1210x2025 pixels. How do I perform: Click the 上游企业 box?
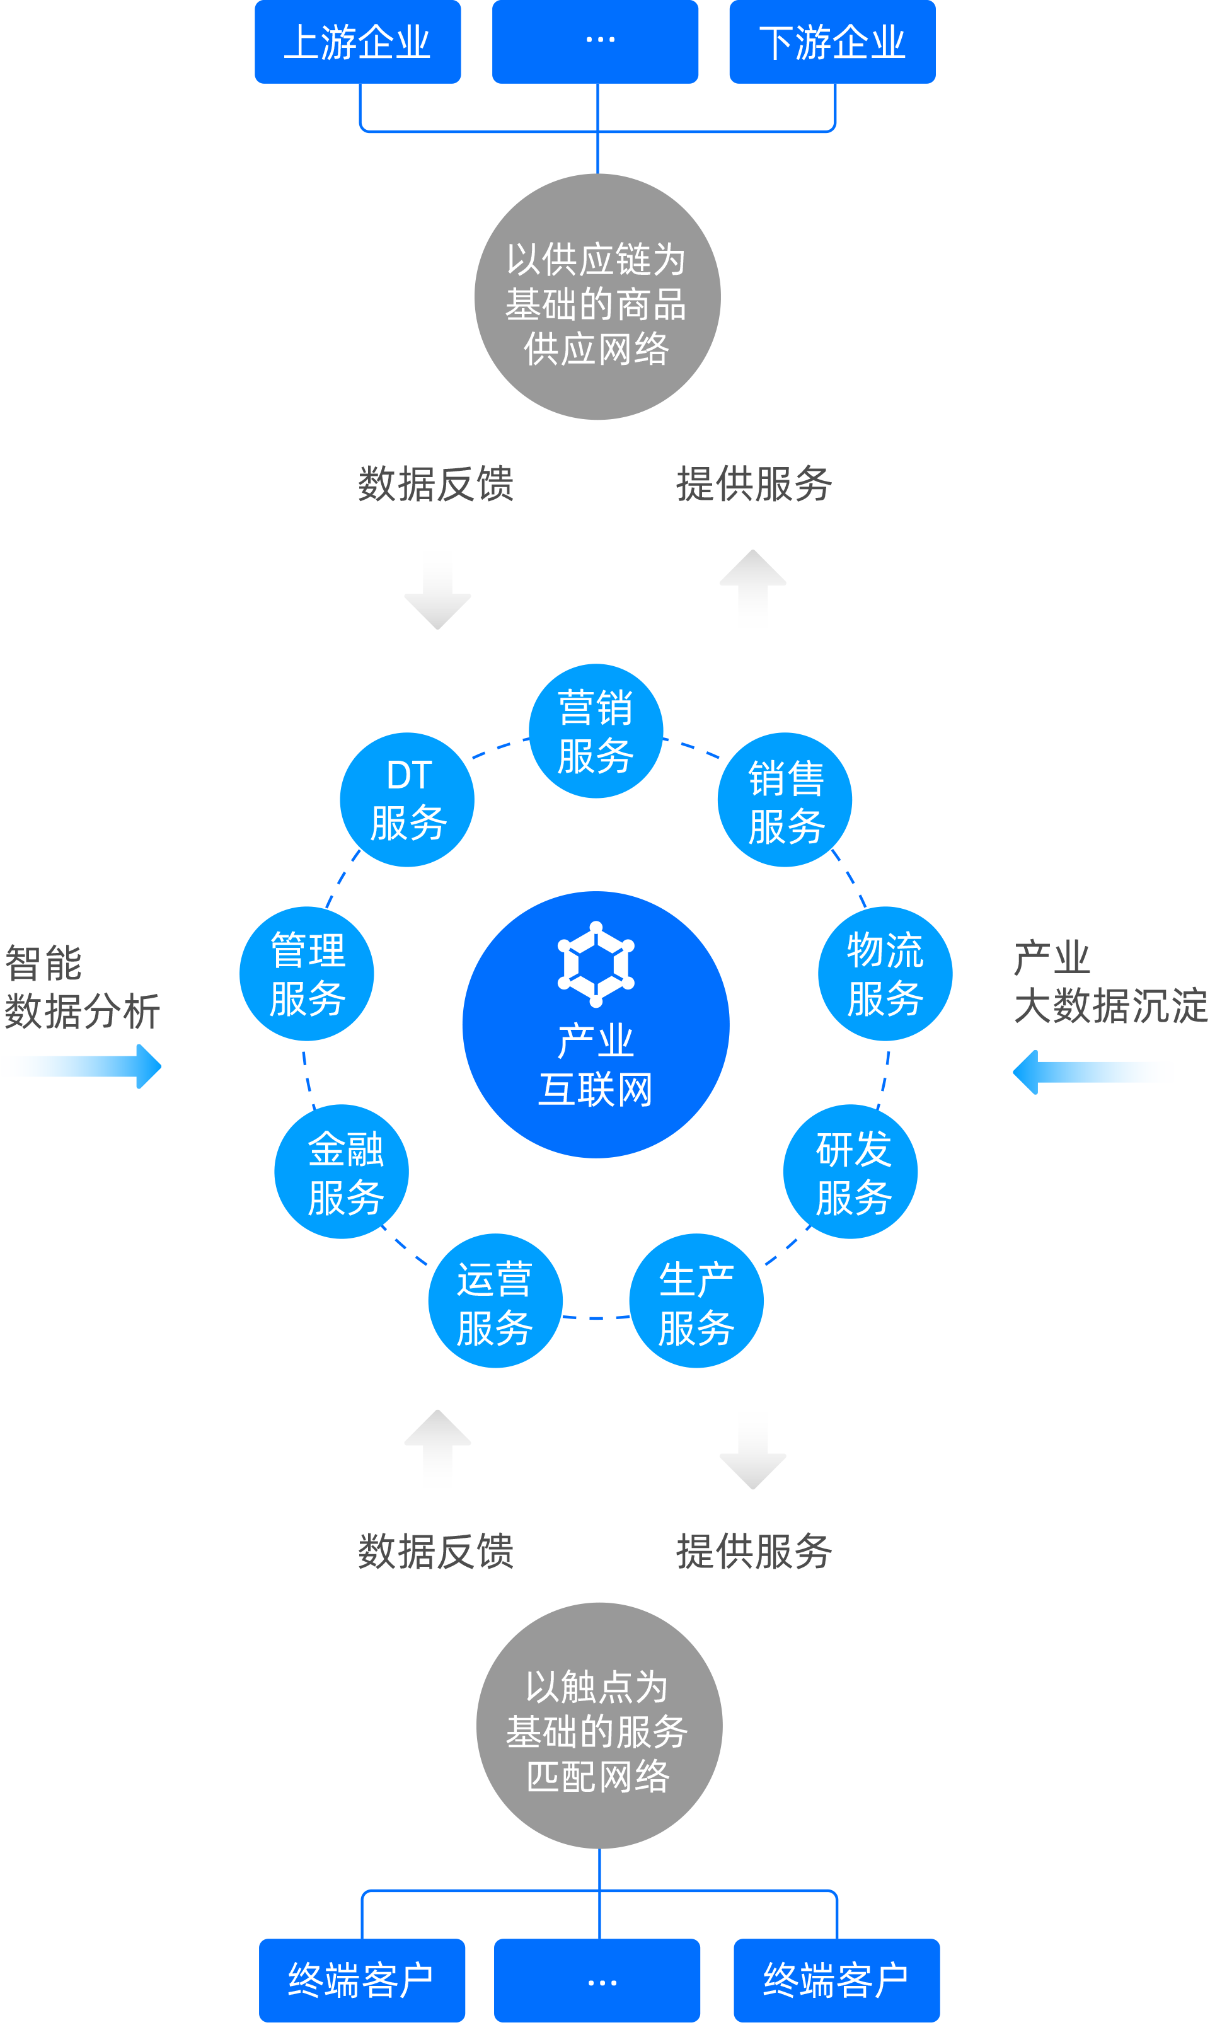(x=358, y=42)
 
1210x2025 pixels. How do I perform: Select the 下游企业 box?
(x=833, y=42)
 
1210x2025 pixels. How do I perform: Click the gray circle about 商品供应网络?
(x=597, y=297)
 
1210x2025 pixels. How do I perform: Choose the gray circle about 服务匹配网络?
(x=599, y=1725)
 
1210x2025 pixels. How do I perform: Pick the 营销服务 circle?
(x=596, y=731)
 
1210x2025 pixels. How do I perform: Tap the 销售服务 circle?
(x=785, y=800)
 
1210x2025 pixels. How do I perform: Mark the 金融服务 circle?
(x=342, y=1172)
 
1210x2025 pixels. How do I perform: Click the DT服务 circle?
(x=408, y=800)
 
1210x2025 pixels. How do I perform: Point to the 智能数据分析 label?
(x=81, y=987)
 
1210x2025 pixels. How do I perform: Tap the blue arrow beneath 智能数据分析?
(x=81, y=1066)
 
